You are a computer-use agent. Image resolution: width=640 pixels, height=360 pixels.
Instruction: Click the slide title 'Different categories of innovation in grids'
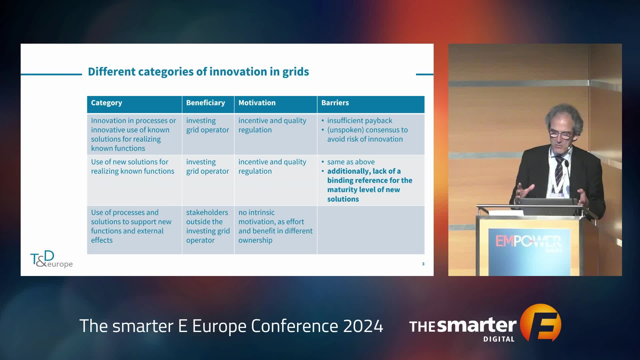click(x=198, y=72)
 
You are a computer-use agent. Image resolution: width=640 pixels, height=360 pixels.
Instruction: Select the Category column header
click(x=106, y=103)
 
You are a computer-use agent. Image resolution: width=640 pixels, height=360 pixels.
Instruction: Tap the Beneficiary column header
click(x=205, y=103)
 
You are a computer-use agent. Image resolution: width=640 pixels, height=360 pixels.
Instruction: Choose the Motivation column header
click(x=257, y=103)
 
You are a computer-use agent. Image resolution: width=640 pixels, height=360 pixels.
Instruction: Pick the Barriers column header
click(x=335, y=103)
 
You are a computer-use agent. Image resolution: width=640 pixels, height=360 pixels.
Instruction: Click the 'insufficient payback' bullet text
click(x=360, y=120)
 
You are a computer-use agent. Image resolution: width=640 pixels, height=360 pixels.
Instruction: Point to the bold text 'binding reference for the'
click(x=370, y=180)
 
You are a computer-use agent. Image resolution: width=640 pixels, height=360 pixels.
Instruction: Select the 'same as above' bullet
click(x=351, y=162)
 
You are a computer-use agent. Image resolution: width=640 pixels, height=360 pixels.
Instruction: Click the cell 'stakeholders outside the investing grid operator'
click(x=208, y=226)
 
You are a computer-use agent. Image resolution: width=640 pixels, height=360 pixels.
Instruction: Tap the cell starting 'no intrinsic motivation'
click(x=275, y=226)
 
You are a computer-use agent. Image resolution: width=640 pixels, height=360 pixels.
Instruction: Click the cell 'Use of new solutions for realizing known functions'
click(x=133, y=166)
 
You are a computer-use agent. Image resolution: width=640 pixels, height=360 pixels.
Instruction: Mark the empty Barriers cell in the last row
click(x=371, y=230)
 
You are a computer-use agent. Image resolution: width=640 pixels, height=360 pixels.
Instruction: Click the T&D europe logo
click(x=51, y=259)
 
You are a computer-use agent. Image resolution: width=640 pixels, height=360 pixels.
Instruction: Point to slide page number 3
click(x=423, y=264)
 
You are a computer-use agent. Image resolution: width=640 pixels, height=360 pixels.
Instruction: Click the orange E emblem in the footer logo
click(x=541, y=322)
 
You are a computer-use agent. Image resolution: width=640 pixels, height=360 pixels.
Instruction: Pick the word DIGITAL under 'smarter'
click(x=499, y=339)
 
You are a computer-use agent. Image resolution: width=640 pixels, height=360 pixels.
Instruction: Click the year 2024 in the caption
click(x=363, y=326)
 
